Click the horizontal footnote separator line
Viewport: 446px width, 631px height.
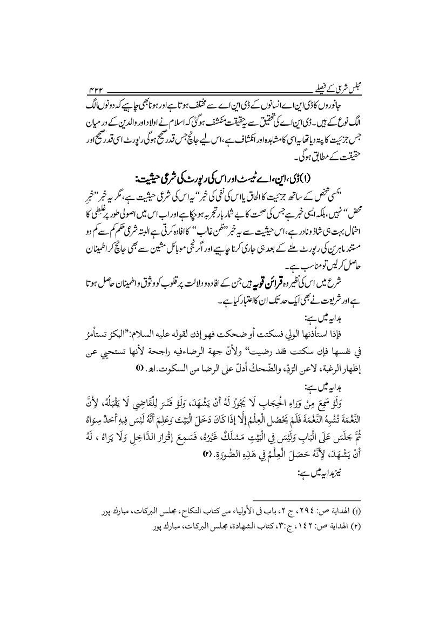[x=306, y=501]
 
